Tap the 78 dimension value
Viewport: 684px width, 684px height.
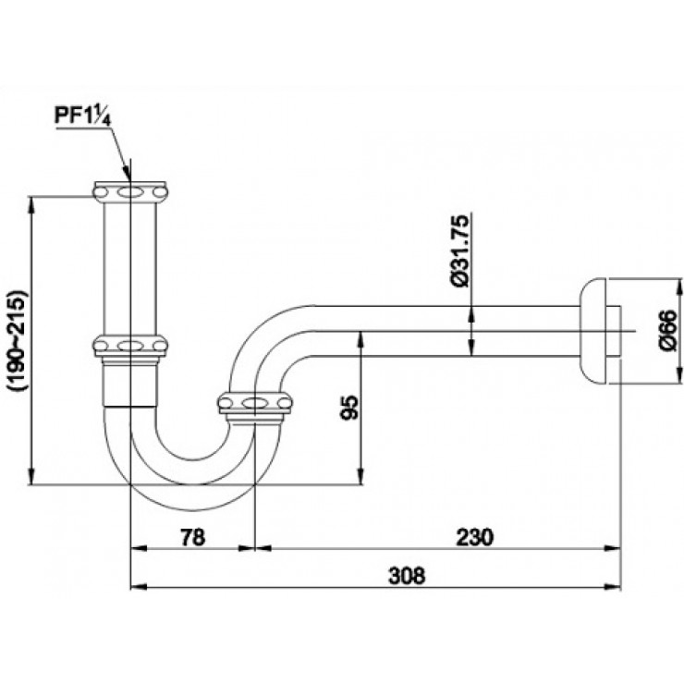(190, 536)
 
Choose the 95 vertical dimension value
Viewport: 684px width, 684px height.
(348, 407)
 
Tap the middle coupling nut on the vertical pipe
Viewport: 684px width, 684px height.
(132, 346)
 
